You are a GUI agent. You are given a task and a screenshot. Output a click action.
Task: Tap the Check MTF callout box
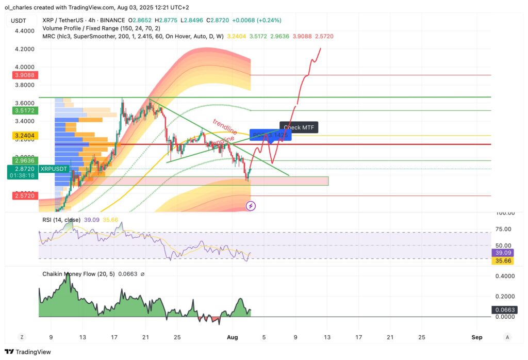coord(299,127)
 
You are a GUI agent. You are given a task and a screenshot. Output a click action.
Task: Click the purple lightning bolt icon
coord(251,206)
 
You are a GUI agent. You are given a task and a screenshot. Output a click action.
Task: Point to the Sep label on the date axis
coord(477,337)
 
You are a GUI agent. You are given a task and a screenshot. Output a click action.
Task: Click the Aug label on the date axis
coord(232,337)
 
